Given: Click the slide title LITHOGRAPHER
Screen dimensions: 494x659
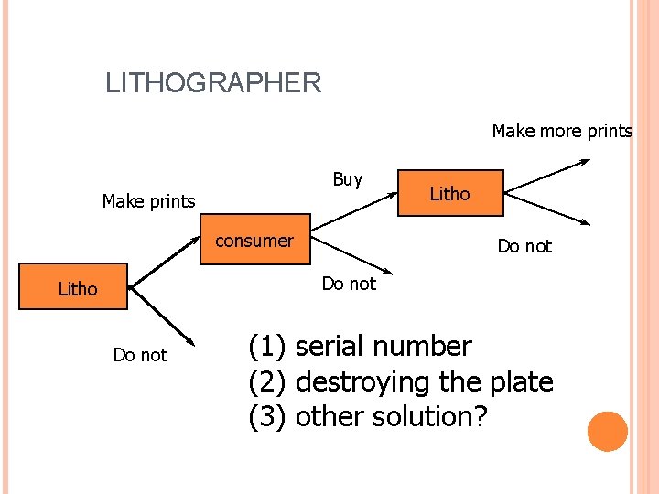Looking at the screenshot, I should (x=213, y=83).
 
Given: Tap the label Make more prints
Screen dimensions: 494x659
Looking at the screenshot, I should (x=562, y=131).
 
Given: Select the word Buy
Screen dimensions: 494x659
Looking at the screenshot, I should (x=348, y=179).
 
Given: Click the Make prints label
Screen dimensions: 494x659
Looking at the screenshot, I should (x=148, y=201).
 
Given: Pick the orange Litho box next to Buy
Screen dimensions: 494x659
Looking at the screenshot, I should (x=449, y=193).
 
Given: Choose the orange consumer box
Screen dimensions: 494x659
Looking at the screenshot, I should (x=254, y=241).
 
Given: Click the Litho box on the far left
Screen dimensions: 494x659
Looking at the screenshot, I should (x=78, y=288).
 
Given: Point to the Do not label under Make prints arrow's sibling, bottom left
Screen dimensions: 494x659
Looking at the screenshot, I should (x=140, y=355).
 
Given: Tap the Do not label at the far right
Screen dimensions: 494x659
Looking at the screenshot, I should (x=524, y=246).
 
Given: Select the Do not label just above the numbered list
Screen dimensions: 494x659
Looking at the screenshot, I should (x=349, y=284).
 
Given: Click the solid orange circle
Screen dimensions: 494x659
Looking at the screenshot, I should (x=608, y=432).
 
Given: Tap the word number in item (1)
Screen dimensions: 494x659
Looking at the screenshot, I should (x=423, y=347).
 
